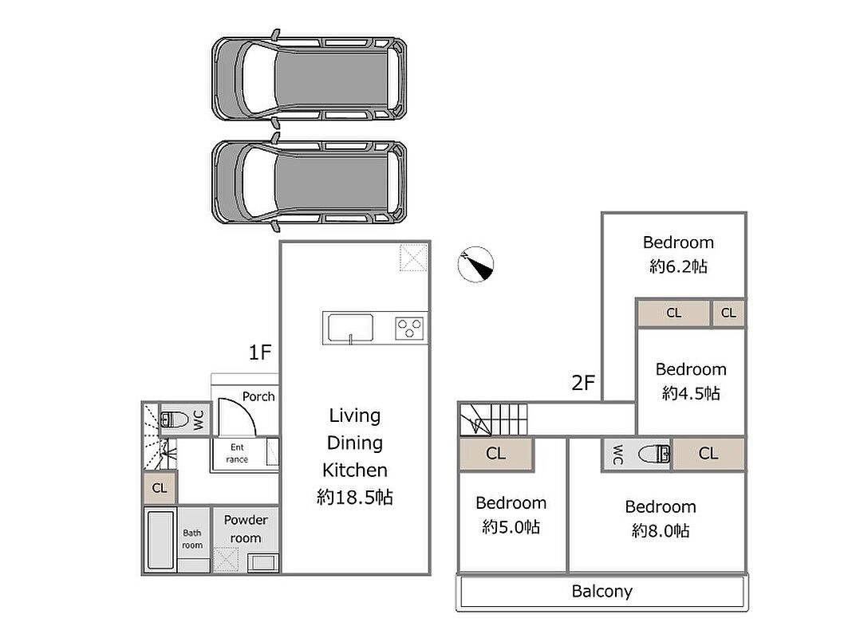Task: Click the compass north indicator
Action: click(x=475, y=265)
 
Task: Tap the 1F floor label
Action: click(x=259, y=352)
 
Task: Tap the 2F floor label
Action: click(x=583, y=383)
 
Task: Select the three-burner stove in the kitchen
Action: click(x=409, y=329)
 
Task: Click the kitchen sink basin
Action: click(x=350, y=328)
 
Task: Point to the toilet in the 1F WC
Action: click(x=174, y=419)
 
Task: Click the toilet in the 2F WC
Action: click(x=654, y=454)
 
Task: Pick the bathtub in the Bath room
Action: click(x=160, y=540)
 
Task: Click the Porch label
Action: click(x=258, y=396)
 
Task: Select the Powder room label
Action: click(x=246, y=529)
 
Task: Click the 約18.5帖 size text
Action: click(x=355, y=497)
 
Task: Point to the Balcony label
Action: click(x=602, y=592)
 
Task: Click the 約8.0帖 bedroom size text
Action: click(x=661, y=531)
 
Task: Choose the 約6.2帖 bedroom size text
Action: click(x=678, y=266)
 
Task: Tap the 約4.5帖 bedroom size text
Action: click(x=691, y=393)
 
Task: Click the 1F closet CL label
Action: click(x=160, y=488)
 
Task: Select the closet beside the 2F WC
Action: click(x=708, y=454)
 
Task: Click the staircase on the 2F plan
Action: click(x=493, y=419)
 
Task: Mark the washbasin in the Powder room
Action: click(x=263, y=562)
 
